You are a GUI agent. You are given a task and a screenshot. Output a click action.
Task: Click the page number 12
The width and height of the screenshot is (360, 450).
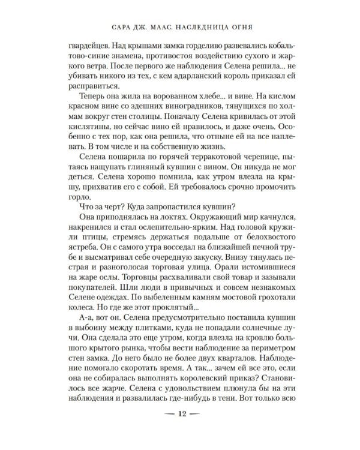pyautogui.click(x=179, y=431)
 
